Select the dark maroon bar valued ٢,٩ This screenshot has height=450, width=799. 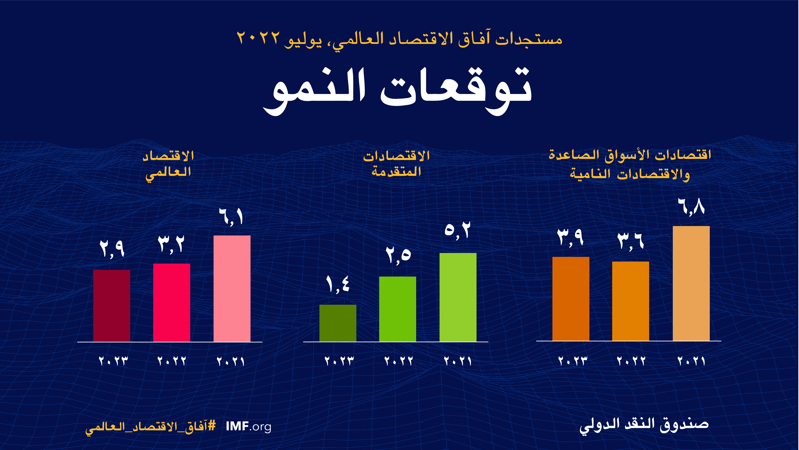112,306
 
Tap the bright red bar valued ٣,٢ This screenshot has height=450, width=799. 172,303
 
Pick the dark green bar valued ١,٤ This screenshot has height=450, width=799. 338,323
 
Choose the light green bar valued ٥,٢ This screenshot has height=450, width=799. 458,298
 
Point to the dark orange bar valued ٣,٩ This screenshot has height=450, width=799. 571,299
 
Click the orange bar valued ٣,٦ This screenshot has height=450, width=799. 631,301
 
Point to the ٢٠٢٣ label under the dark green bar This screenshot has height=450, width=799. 339,361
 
